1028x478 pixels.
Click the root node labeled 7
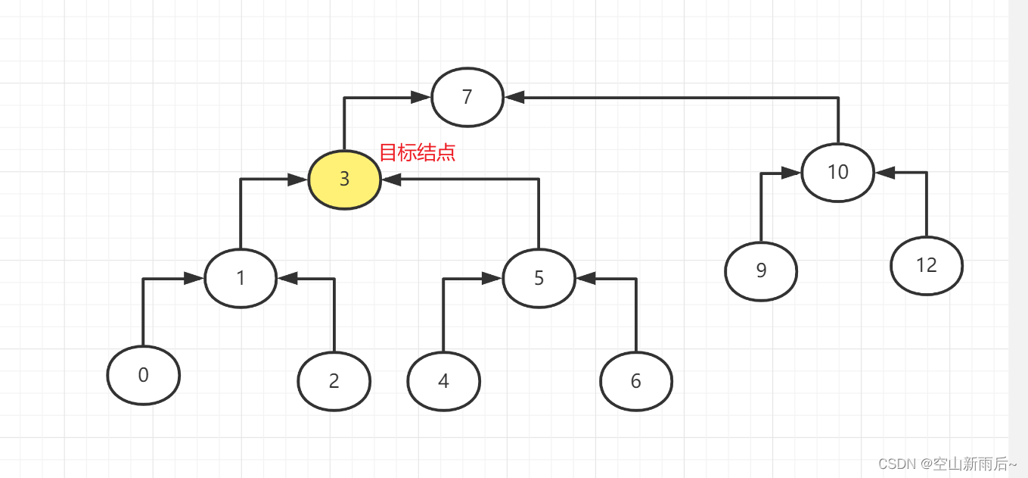pyautogui.click(x=467, y=97)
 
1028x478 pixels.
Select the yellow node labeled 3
pyautogui.click(x=344, y=180)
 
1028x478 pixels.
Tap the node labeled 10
pyautogui.click(x=837, y=172)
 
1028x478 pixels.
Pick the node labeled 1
pyautogui.click(x=241, y=278)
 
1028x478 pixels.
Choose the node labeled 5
pyautogui.click(x=539, y=278)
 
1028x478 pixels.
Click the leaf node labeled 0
pyautogui.click(x=144, y=375)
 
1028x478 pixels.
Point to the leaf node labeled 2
pyautogui.click(x=334, y=381)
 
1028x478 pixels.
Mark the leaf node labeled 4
pyautogui.click(x=443, y=381)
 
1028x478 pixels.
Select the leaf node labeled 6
pyautogui.click(x=635, y=381)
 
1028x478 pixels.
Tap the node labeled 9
pyautogui.click(x=761, y=271)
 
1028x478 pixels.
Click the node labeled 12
pyautogui.click(x=926, y=265)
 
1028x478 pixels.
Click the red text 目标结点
pyautogui.click(x=417, y=152)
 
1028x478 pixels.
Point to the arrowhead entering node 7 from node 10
pyautogui.click(x=515, y=97)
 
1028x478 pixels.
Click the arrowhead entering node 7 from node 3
pyautogui.click(x=421, y=97)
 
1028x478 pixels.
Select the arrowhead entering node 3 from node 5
pyautogui.click(x=392, y=180)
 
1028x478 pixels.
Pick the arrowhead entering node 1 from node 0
pyautogui.click(x=194, y=279)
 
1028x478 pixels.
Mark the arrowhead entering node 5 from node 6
pyautogui.click(x=585, y=279)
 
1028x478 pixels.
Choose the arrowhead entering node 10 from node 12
pyautogui.click(x=884, y=173)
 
